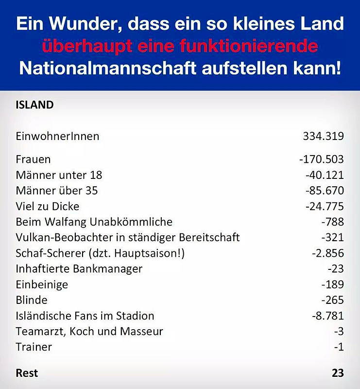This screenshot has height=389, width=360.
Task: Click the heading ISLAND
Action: point(34,105)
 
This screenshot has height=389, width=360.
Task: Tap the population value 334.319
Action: point(323,136)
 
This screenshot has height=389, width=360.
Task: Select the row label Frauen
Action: point(33,159)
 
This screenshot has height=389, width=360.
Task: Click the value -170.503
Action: point(322,159)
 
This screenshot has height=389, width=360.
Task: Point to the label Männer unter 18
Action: point(59,175)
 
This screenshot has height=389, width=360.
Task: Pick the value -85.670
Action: point(325,191)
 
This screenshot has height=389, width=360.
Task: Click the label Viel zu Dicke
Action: point(48,206)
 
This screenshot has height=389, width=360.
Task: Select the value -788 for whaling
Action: point(333,222)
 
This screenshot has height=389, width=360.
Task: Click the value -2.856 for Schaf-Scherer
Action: point(328,253)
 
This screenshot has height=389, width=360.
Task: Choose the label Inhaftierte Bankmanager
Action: point(79,269)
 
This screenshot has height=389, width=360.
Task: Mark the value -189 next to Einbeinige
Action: point(333,284)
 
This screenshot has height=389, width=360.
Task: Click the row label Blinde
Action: point(32,300)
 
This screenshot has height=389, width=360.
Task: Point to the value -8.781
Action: point(328,316)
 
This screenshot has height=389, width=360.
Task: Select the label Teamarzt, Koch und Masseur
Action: point(89,332)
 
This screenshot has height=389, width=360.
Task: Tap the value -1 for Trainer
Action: point(339,347)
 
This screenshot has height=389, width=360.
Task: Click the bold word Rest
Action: point(27,373)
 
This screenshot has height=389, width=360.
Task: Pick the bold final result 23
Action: point(338,373)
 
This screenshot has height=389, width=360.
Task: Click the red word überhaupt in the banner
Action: point(87,46)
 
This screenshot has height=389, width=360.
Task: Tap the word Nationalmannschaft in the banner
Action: point(107,68)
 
